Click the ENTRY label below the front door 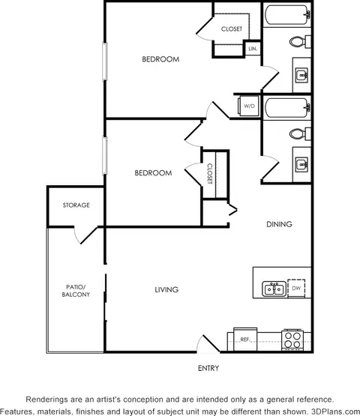click(208, 368)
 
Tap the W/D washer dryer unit click(248, 106)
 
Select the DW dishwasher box click(296, 288)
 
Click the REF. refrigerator click(245, 340)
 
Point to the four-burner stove click(292, 340)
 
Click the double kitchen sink click(274, 289)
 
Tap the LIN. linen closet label click(253, 49)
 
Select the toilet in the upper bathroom click(300, 42)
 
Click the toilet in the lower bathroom click(300, 134)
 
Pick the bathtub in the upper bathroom click(287, 15)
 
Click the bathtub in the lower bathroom click(287, 108)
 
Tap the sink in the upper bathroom click(301, 76)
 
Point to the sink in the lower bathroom click(301, 165)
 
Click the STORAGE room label click(76, 205)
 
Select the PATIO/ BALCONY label click(76, 291)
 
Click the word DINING click(279, 224)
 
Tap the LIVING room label click(166, 289)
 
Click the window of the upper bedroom click(105, 61)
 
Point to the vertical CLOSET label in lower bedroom click(210, 174)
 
